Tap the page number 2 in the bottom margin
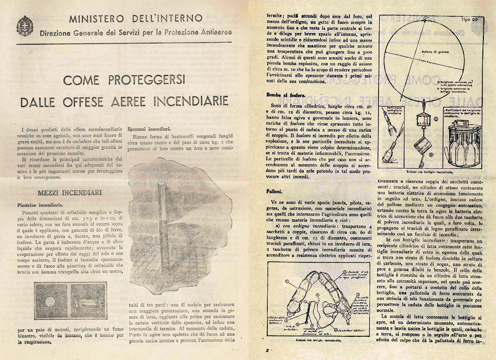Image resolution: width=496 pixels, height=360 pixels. [267, 350]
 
